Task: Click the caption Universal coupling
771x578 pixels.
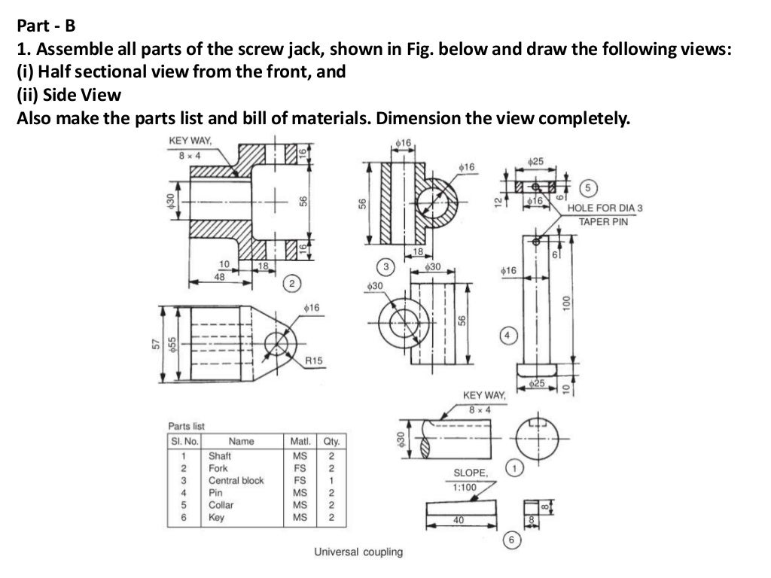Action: (x=358, y=552)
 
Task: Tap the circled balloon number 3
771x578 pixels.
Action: (x=387, y=266)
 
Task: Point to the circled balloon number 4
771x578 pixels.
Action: (x=509, y=335)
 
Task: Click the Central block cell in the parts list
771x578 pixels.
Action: (x=236, y=480)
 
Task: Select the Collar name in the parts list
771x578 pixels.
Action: (x=221, y=505)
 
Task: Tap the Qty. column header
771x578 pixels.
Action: (x=330, y=441)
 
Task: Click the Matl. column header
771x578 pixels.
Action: (x=300, y=441)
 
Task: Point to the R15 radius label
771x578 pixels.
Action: (x=314, y=361)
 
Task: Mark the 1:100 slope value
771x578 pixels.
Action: (x=465, y=487)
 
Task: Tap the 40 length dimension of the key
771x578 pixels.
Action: (x=459, y=520)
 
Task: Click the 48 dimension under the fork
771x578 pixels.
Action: (x=219, y=276)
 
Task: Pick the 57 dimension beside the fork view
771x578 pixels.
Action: (x=156, y=343)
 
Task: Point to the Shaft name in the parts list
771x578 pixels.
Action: (x=219, y=455)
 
